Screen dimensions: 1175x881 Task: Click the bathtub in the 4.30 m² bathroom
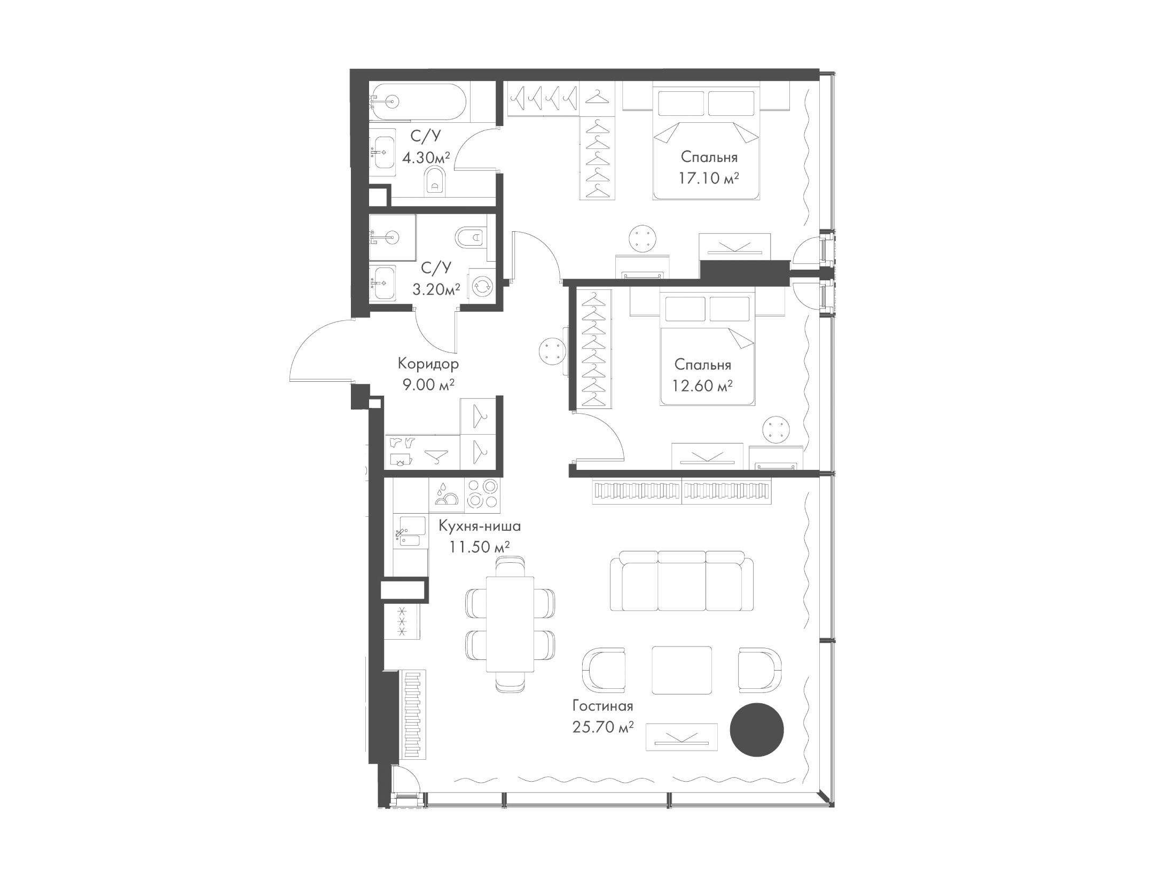coord(419,103)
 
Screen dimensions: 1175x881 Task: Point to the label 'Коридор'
coord(428,364)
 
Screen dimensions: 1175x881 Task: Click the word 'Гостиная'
coord(602,706)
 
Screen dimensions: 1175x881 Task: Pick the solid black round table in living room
coord(756,729)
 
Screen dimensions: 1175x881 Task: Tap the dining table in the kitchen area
coord(510,625)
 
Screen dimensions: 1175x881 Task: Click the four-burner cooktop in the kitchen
coord(483,493)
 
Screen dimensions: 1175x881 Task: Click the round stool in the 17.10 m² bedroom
coord(641,238)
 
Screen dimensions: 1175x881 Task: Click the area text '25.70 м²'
coord(602,727)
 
